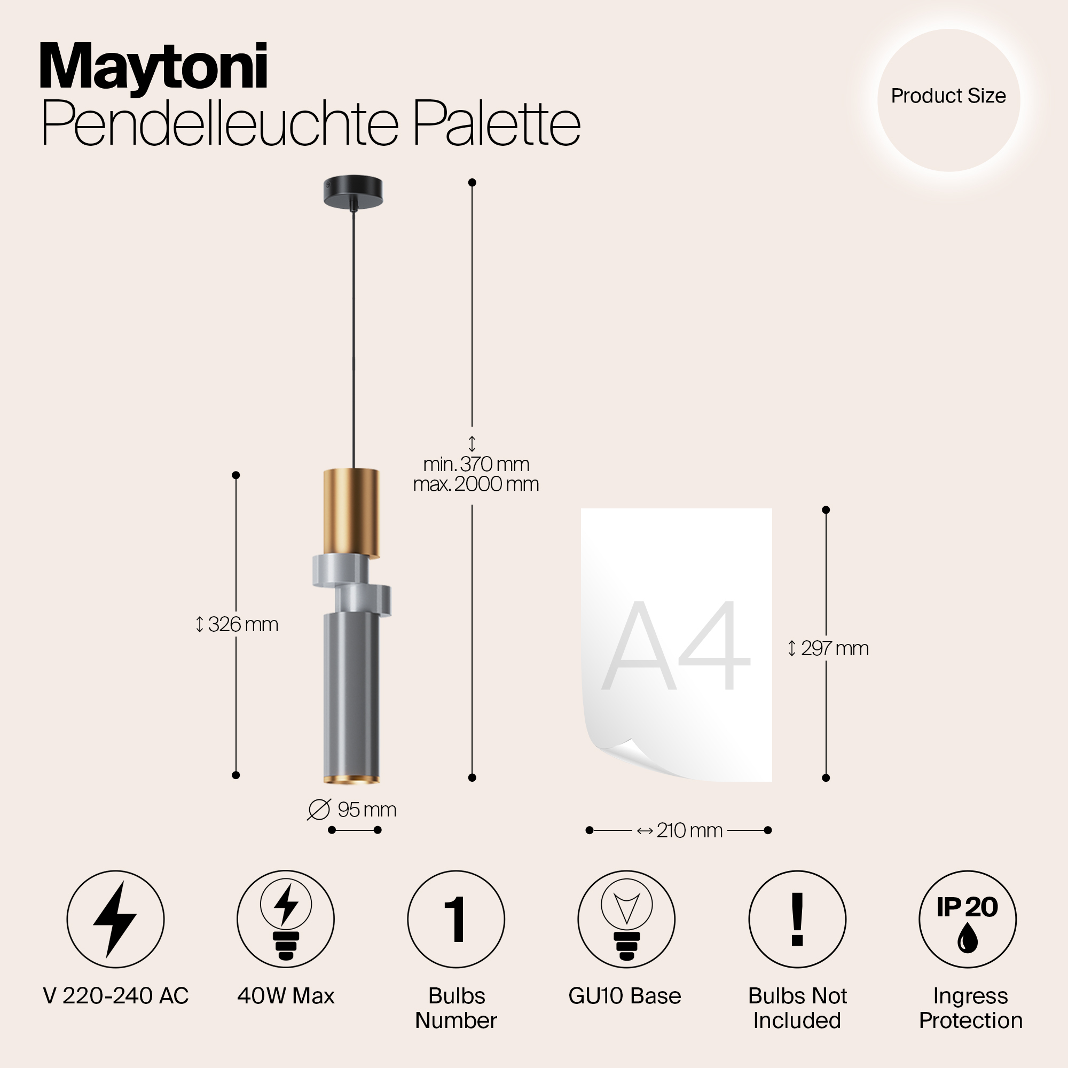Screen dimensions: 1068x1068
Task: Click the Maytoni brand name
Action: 154,67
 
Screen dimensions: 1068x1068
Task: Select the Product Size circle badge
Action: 948,99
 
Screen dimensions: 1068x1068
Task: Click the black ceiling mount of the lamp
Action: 352,191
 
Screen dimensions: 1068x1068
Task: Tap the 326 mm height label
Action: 238,625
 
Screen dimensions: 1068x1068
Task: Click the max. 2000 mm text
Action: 476,484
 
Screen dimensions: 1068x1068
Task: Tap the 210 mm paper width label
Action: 680,830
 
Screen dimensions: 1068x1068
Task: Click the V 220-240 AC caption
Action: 115,996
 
